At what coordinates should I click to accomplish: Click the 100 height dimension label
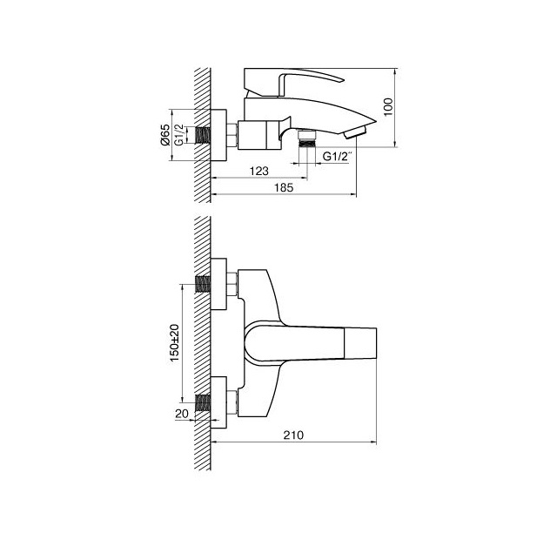[x=388, y=108]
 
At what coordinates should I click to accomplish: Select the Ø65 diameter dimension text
[x=164, y=135]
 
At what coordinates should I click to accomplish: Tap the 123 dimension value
[x=258, y=171]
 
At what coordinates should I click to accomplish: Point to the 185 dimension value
[x=284, y=187]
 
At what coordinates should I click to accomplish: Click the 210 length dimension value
[x=293, y=435]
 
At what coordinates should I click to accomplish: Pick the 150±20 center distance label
[x=174, y=343]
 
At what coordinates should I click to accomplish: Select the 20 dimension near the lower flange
[x=182, y=414]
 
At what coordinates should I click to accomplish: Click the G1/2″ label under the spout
[x=336, y=156]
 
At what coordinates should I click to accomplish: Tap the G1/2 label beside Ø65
[x=179, y=135]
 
